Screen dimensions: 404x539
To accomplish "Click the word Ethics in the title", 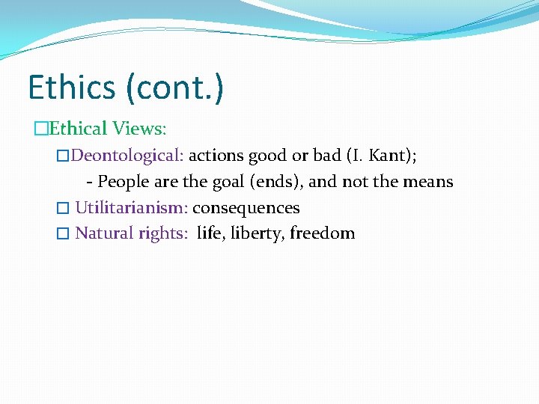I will coord(72,88).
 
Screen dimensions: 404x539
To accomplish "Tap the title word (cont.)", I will coord(174,88).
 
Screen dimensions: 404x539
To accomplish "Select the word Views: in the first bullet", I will coord(139,129).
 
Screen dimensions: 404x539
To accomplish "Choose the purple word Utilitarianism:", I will coord(131,208).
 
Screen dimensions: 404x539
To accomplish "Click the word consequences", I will coord(246,208).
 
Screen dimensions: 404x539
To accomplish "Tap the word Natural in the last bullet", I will coord(104,233).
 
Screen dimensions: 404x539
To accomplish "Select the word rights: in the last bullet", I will coord(164,233).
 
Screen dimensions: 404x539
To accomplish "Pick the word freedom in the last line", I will coord(323,233).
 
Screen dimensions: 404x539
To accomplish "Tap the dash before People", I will coord(90,183).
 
